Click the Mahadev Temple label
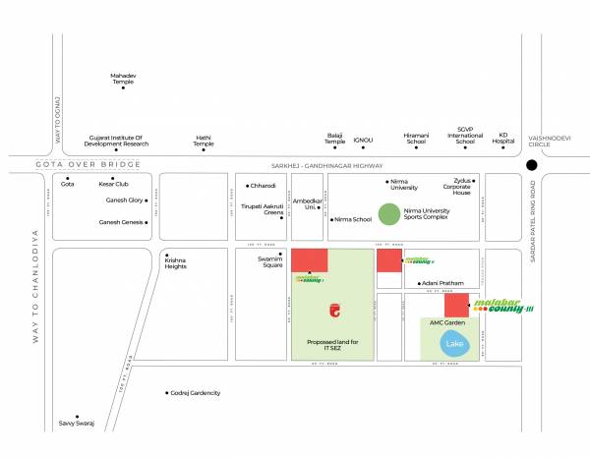click(123, 78)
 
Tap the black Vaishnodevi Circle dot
click(533, 166)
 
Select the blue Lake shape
click(454, 344)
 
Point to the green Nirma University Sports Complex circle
click(389, 213)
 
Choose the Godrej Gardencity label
click(196, 392)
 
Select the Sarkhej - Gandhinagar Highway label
click(326, 166)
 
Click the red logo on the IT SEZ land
click(335, 312)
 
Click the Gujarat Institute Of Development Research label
click(116, 142)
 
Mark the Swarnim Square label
click(269, 262)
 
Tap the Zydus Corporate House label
click(455, 187)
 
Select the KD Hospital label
click(504, 138)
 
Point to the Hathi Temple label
click(204, 142)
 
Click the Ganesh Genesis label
click(121, 222)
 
